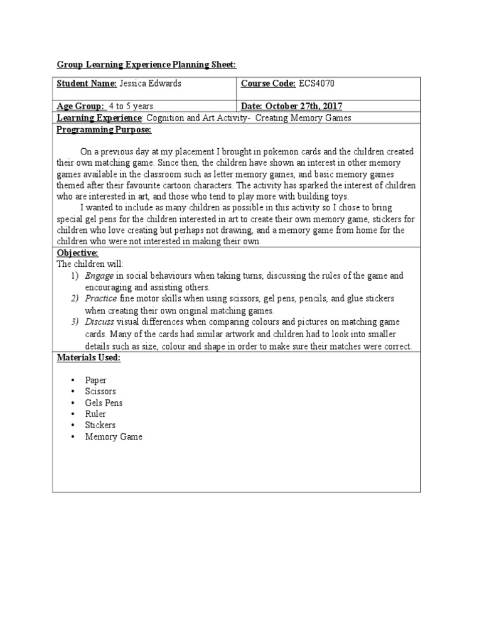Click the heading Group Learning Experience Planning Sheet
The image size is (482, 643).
146,65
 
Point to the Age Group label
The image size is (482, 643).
80,106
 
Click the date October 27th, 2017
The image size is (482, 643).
291,106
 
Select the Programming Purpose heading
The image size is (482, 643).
104,129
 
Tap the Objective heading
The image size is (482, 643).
77,252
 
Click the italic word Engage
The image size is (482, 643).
99,276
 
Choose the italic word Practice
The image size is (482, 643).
101,298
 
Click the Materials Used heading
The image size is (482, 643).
88,357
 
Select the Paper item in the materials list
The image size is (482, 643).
96,380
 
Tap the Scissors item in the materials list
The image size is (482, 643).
100,391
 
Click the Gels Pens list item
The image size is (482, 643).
104,403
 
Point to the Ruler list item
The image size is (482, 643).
95,414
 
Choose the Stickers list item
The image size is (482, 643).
100,425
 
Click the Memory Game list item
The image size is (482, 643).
114,436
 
